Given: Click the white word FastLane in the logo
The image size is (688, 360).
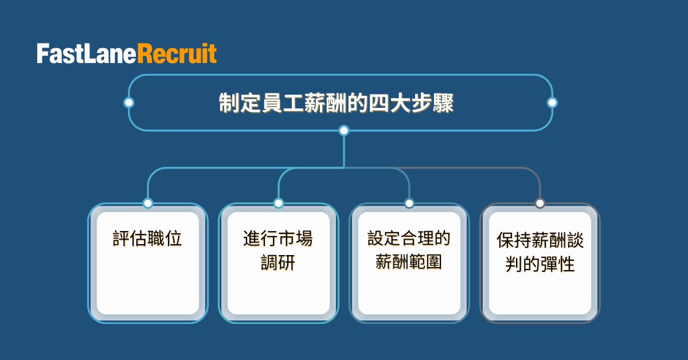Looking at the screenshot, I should pyautogui.click(x=87, y=54).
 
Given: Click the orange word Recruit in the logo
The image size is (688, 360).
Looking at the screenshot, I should pyautogui.click(x=177, y=54).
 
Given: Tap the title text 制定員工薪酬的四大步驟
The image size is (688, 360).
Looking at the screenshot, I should pyautogui.click(x=336, y=104).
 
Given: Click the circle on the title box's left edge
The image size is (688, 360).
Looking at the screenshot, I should pyautogui.click(x=129, y=103).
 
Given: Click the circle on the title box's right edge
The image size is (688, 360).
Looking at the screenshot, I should pyautogui.click(x=552, y=103).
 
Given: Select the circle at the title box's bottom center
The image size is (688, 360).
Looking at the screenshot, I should pyautogui.click(x=344, y=131).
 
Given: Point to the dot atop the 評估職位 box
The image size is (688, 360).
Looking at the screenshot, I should pyautogui.click(x=148, y=203).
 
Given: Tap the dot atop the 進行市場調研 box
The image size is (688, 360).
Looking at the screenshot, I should pyautogui.click(x=279, y=203).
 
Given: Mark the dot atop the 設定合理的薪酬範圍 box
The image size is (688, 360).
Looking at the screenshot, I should pyautogui.click(x=409, y=203).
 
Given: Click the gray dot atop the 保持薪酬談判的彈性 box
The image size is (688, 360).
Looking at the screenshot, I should pyautogui.click(x=540, y=203).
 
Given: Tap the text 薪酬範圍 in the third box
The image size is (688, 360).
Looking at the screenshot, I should pyautogui.click(x=409, y=262).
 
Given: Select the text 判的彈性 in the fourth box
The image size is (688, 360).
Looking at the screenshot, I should pyautogui.click(x=540, y=264).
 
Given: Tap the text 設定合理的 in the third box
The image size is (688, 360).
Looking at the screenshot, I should pyautogui.click(x=409, y=238).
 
